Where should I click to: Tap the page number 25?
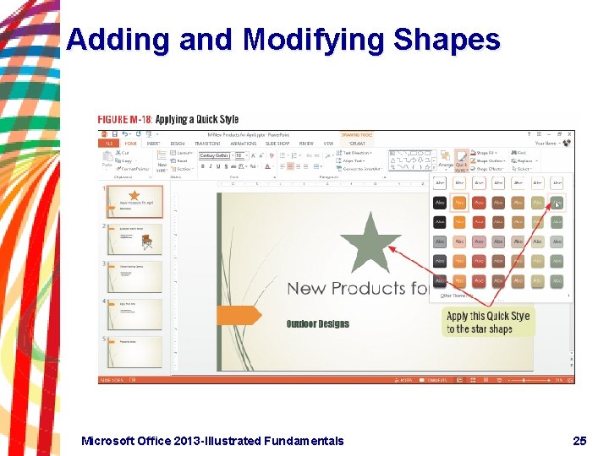coord(579,441)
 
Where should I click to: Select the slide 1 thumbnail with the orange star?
coord(134,202)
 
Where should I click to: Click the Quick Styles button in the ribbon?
coord(461,160)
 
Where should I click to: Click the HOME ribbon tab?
coord(131,144)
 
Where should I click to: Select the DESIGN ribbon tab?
coord(177,144)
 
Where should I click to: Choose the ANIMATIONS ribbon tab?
coord(244,144)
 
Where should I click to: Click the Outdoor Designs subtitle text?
coord(317,323)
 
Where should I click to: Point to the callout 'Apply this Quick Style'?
coord(488,322)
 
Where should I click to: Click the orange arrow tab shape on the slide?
coord(239,316)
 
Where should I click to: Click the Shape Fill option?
coord(491,153)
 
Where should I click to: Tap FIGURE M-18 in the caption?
coord(124,120)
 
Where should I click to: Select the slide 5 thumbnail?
coord(134,350)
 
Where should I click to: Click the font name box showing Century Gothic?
coord(215,155)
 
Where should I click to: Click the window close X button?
coord(569,134)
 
